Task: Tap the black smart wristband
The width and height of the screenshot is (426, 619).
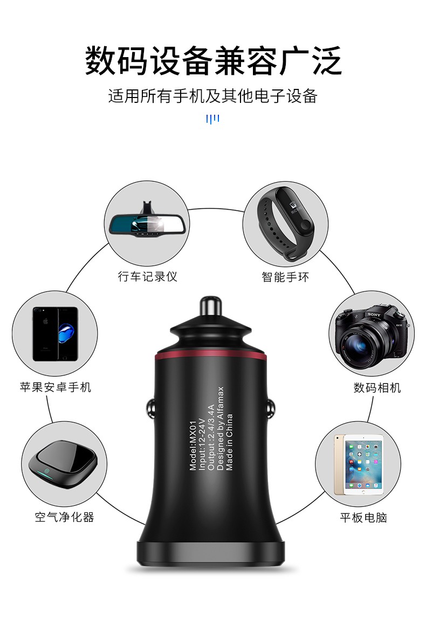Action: coord(286,224)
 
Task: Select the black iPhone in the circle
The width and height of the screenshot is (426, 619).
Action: coord(56,333)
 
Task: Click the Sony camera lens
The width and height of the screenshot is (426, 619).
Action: coord(361,344)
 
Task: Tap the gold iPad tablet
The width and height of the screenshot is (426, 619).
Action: coord(359,464)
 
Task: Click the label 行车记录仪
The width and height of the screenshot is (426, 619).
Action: coord(147,276)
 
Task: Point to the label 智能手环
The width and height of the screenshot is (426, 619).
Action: coord(285,277)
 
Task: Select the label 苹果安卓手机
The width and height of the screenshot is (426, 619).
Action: coord(56,387)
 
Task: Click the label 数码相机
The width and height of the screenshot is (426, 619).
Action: coord(377,388)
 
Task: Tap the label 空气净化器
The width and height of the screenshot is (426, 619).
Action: coord(64,517)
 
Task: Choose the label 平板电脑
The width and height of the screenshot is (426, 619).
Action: coord(363,517)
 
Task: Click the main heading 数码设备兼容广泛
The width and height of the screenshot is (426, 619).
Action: coord(213,60)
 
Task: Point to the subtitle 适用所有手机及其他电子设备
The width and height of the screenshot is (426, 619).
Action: coord(212,96)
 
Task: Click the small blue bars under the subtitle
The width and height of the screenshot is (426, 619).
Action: coord(212,119)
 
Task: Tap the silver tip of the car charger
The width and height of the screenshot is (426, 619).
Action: coord(210,307)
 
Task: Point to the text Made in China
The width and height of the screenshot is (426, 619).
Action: coord(230,442)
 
